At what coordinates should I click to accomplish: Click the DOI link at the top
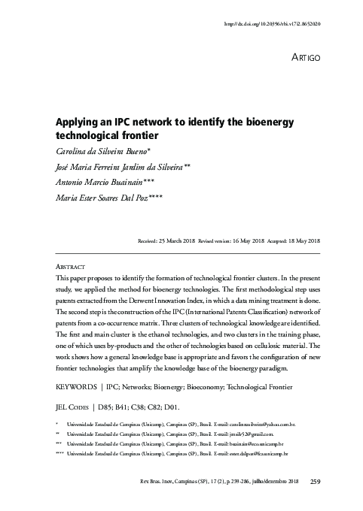273,25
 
